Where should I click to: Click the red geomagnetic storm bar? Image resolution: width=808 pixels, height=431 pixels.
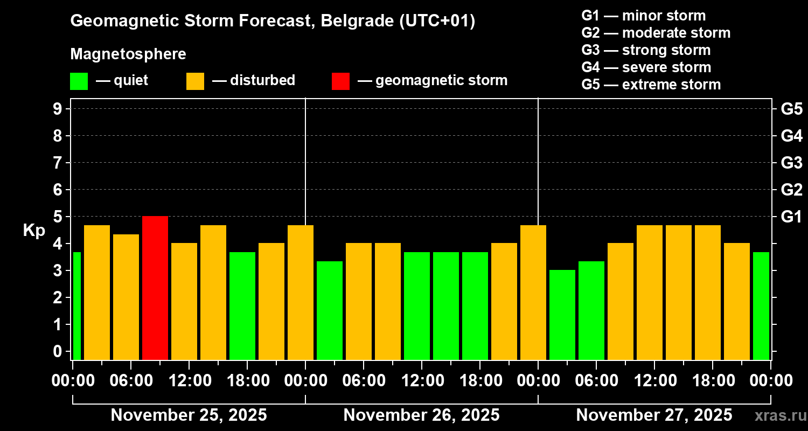pyautogui.click(x=155, y=288)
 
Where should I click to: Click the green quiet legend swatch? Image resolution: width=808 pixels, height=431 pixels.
pyautogui.click(x=79, y=81)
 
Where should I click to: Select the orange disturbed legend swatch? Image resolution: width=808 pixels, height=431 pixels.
pyautogui.click(x=195, y=81)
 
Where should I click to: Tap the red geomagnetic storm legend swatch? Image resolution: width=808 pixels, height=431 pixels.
pyautogui.click(x=340, y=81)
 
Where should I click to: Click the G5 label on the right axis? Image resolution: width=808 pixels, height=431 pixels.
pyautogui.click(x=791, y=109)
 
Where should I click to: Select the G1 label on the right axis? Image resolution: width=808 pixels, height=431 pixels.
pyautogui.click(x=791, y=217)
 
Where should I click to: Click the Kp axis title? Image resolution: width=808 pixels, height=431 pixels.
pyautogui.click(x=33, y=230)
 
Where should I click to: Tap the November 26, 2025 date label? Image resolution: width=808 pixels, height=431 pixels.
pyautogui.click(x=421, y=415)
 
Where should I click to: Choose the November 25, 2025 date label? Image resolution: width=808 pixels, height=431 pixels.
pyautogui.click(x=189, y=415)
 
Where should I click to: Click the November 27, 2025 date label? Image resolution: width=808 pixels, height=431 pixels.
pyautogui.click(x=654, y=415)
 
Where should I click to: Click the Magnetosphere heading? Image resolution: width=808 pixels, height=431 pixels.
pyautogui.click(x=128, y=54)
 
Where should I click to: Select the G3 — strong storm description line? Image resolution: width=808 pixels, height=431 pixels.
pyautogui.click(x=646, y=50)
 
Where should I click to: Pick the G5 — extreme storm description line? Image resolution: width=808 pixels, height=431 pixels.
pyautogui.click(x=651, y=85)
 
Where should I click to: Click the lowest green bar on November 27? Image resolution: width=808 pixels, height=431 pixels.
pyautogui.click(x=562, y=315)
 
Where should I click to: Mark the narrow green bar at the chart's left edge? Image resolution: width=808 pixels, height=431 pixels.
pyautogui.click(x=76, y=306)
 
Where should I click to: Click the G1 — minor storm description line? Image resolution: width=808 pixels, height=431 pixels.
pyautogui.click(x=643, y=16)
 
